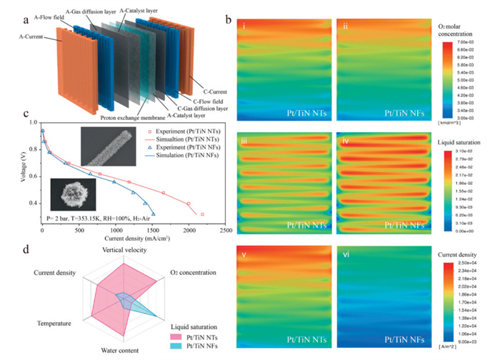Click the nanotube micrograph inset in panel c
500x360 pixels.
(x=106, y=146)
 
